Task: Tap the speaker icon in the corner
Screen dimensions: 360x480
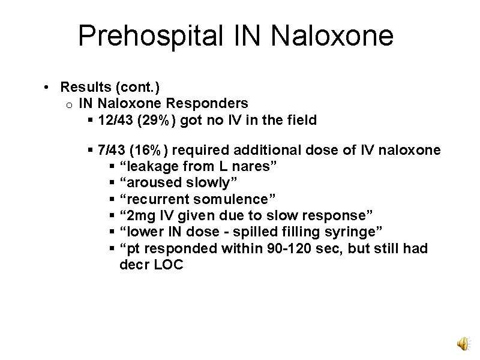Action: click(x=463, y=343)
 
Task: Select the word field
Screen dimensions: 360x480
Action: click(x=302, y=120)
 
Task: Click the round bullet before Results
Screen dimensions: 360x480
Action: click(x=46, y=88)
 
